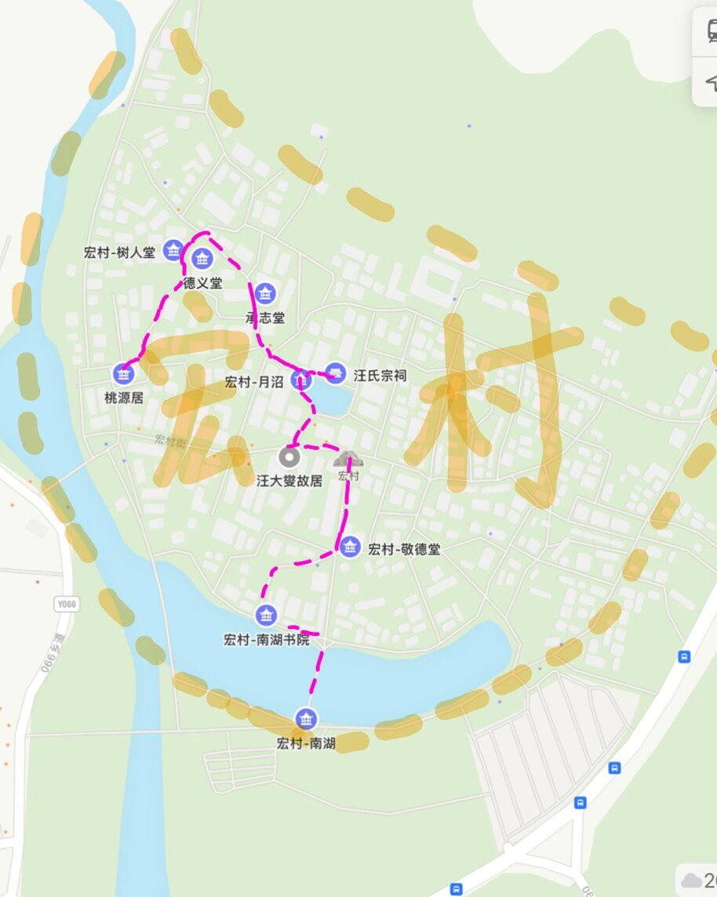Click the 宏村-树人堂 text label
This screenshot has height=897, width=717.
click(x=118, y=252)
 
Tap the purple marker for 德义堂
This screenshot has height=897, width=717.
click(x=202, y=258)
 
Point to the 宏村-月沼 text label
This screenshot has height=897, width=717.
click(x=254, y=383)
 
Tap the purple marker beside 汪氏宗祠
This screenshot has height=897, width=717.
click(x=336, y=373)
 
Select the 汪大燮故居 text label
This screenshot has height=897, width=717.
click(x=289, y=481)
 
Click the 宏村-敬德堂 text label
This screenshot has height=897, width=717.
click(x=404, y=550)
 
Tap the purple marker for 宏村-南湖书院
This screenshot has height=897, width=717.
click(x=266, y=615)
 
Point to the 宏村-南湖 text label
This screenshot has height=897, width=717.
click(x=306, y=743)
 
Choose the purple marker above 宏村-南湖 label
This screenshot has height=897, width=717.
click(x=306, y=718)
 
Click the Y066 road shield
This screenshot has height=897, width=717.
click(x=67, y=604)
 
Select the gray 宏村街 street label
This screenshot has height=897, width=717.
click(x=170, y=441)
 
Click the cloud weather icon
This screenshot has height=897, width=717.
click(x=691, y=880)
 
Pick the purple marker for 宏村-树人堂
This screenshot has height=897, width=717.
click(x=173, y=251)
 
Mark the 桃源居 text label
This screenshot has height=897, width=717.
click(x=124, y=398)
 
